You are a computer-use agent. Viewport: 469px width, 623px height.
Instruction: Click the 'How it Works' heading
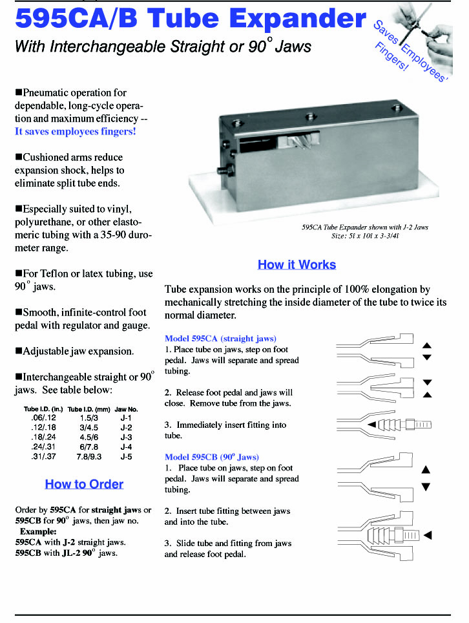tap(297, 264)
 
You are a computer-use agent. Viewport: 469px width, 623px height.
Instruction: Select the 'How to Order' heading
tap(84, 484)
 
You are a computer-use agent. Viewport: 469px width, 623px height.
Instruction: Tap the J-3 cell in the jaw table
tap(126, 436)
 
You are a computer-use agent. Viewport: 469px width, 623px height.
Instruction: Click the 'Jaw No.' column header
tap(126, 409)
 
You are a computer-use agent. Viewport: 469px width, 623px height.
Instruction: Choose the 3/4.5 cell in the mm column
tap(85, 427)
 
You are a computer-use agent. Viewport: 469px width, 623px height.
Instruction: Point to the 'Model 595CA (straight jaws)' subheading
tap(220, 339)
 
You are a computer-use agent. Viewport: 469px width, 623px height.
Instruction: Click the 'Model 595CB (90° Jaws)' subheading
tap(212, 457)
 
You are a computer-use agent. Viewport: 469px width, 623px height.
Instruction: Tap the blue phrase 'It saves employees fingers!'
tap(76, 132)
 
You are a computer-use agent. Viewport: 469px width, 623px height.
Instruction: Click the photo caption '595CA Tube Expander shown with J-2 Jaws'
tap(364, 227)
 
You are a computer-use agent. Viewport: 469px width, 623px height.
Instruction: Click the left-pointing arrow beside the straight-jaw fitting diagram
tap(371, 425)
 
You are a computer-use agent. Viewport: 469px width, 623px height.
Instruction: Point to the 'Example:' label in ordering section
tap(38, 531)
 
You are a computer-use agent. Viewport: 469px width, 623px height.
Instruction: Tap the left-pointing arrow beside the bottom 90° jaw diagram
tap(427, 535)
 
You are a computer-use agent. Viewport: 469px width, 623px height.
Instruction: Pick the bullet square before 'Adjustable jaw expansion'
tap(19, 352)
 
